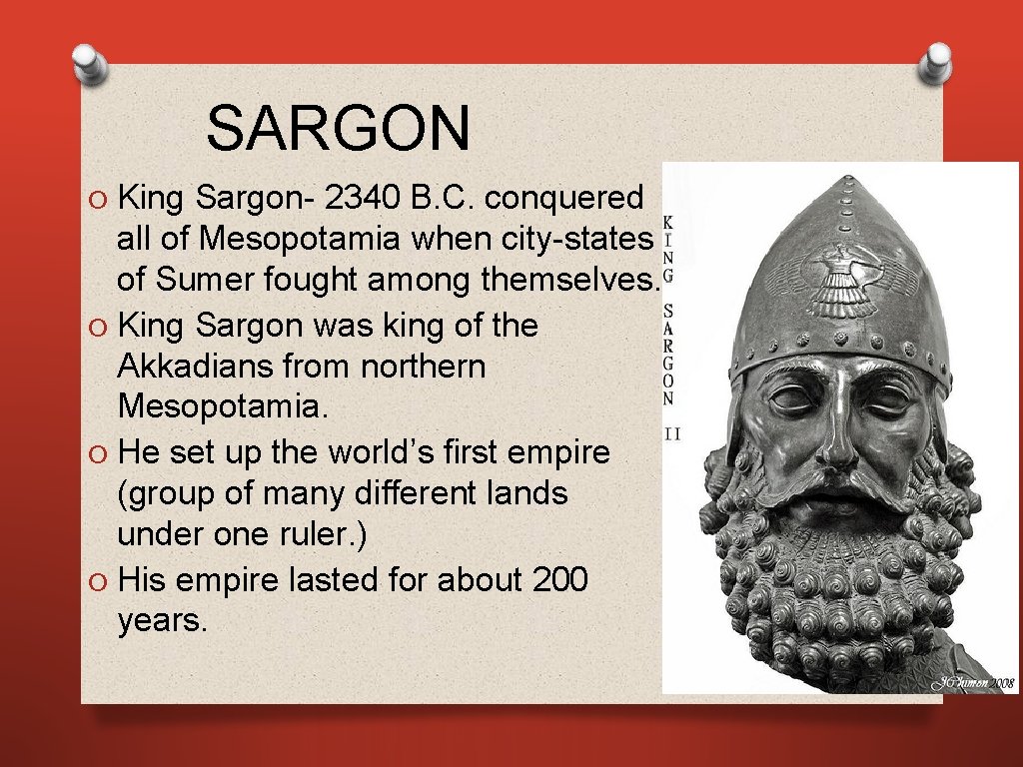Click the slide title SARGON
338,129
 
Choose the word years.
163,620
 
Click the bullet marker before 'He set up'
95,452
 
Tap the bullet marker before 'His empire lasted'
95,579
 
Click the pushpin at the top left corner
89,67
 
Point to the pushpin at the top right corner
937,62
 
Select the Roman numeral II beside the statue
671,434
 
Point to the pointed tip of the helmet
848,180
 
